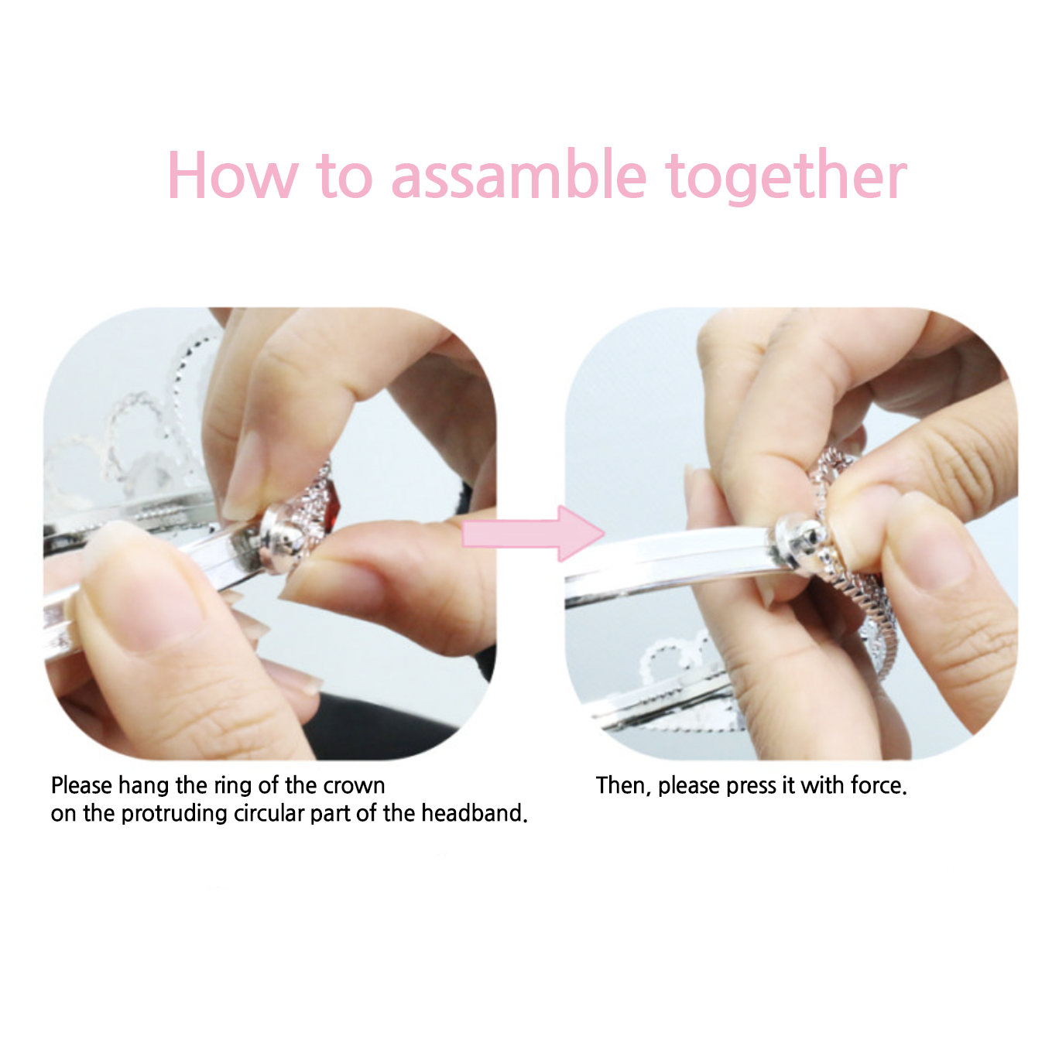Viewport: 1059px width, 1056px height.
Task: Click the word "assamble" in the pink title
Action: (x=519, y=176)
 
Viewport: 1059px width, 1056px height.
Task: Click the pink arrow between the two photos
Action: (x=533, y=534)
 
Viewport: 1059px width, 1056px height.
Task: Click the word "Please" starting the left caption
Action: (x=81, y=785)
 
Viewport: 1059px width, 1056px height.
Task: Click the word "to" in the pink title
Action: (x=344, y=176)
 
